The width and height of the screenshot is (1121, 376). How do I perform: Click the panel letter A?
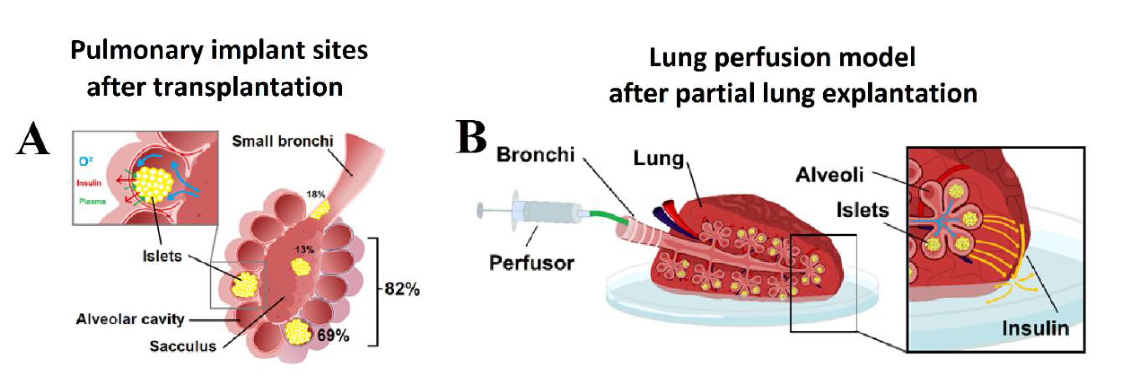pos(33,139)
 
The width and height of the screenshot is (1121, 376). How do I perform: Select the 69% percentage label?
pos(333,336)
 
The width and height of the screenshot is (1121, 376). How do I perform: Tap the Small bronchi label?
pos(282,141)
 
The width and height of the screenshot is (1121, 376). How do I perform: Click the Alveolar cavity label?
pos(130,320)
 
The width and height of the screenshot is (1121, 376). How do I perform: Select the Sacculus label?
pos(183,346)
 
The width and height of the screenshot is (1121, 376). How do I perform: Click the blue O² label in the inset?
pos(85,162)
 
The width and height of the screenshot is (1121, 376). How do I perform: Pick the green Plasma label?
pos(92,202)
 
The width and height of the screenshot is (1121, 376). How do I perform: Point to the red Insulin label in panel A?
pos(89,183)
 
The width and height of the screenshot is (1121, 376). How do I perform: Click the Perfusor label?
pos(531,264)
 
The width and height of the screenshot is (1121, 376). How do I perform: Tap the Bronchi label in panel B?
pos(536,155)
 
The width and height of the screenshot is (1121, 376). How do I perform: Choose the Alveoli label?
pos(829,175)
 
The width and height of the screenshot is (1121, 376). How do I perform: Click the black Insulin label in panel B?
pos(1035,328)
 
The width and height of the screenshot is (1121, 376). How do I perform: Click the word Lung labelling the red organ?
pos(658,159)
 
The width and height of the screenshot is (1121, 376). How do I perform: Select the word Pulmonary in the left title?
pos(137,51)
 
